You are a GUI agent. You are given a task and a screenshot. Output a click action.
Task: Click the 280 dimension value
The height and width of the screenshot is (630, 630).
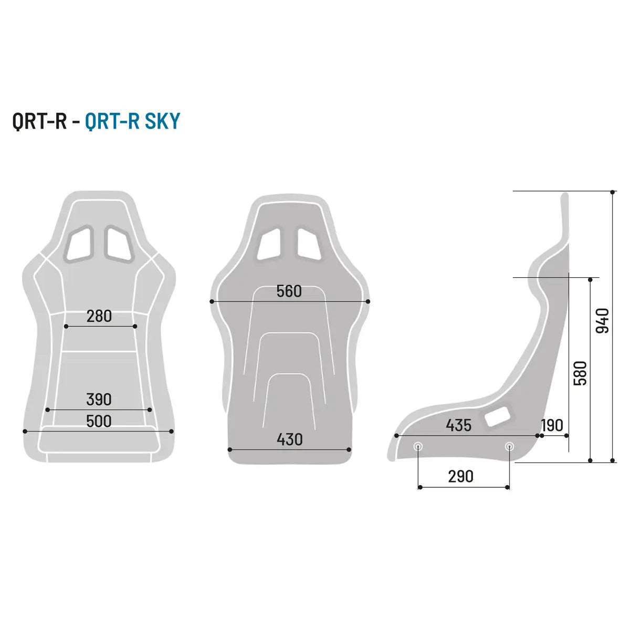(x=99, y=316)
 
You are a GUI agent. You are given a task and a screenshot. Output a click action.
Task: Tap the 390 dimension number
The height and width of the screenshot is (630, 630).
(x=99, y=400)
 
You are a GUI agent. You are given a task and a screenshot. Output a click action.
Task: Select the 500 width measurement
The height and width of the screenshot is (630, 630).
(x=99, y=421)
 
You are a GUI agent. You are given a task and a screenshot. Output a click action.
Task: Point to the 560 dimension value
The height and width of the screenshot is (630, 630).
(x=289, y=291)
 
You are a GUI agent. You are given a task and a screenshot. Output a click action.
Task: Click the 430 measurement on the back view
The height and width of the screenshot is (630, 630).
(x=290, y=439)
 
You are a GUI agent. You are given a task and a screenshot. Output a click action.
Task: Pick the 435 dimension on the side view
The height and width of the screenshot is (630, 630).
(x=459, y=425)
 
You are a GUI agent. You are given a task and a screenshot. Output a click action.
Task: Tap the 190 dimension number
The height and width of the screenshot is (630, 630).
(x=552, y=425)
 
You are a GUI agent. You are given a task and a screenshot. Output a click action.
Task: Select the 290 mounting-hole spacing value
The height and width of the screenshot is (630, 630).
(x=460, y=476)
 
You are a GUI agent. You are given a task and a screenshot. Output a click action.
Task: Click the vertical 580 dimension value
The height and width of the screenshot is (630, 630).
(x=580, y=373)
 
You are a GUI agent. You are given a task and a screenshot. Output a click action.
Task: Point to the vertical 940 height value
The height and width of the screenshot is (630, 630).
(x=603, y=321)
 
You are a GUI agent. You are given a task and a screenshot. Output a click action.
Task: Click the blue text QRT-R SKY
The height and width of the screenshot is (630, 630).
(x=132, y=121)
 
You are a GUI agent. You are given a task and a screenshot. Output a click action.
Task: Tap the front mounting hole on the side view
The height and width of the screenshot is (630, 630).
(x=418, y=447)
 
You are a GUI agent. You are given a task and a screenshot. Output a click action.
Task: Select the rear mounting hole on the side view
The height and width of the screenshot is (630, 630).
(x=509, y=447)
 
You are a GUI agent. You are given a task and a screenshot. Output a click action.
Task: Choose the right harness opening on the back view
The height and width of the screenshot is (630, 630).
(x=309, y=244)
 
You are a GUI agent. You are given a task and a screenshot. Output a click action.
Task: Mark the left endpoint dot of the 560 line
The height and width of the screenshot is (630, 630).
(x=212, y=301)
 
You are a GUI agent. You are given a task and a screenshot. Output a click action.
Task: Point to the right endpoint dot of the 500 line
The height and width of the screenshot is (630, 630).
(x=172, y=432)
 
